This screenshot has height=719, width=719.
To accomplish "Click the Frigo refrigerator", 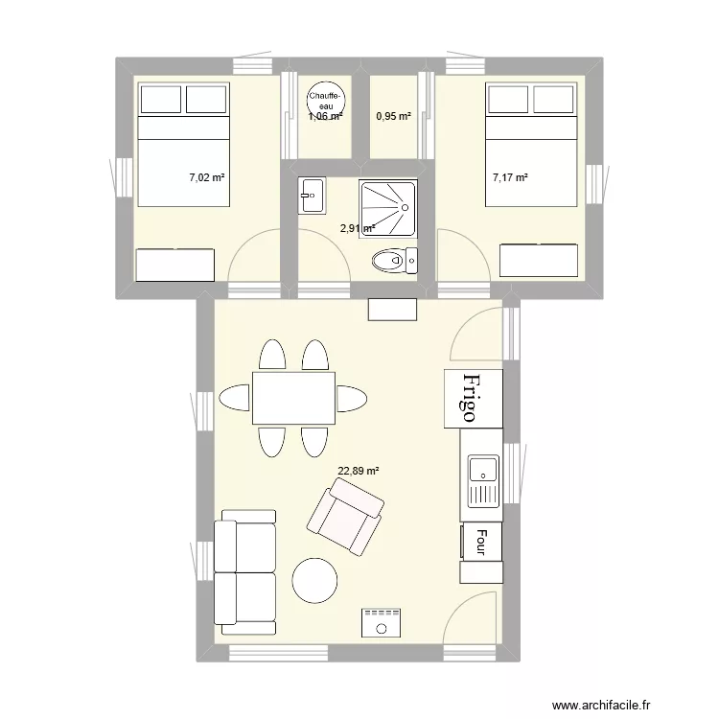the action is tap(474, 399).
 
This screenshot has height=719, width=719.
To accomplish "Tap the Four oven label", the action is tap(481, 542).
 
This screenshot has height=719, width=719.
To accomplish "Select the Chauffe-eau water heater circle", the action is tap(326, 100).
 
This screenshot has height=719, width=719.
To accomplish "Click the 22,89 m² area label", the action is tap(359, 471).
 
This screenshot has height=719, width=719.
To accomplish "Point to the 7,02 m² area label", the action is tap(207, 177).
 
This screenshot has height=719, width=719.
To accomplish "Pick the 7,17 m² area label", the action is tap(510, 177).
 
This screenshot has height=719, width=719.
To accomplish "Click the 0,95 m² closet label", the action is tap(393, 116).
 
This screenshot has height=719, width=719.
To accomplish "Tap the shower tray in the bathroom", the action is tap(389, 209).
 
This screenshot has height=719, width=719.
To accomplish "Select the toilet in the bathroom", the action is tap(394, 261).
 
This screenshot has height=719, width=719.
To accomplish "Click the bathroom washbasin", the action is tap(312, 196).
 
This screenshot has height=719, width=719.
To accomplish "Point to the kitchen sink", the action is tap(483, 481).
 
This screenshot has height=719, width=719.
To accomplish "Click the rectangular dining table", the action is tap(293, 398).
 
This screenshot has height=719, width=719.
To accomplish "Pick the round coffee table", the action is tap(315, 580).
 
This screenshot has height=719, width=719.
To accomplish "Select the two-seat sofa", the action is tap(244, 572).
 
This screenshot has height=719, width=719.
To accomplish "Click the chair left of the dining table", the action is tap(234, 398).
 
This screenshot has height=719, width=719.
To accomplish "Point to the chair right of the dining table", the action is tap(352, 399).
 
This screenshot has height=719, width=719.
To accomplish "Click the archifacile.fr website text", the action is tap(601, 705).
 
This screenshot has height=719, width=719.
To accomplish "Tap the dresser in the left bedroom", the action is tap(175, 265).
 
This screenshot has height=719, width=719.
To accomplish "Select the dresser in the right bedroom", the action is tap(539, 261).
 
